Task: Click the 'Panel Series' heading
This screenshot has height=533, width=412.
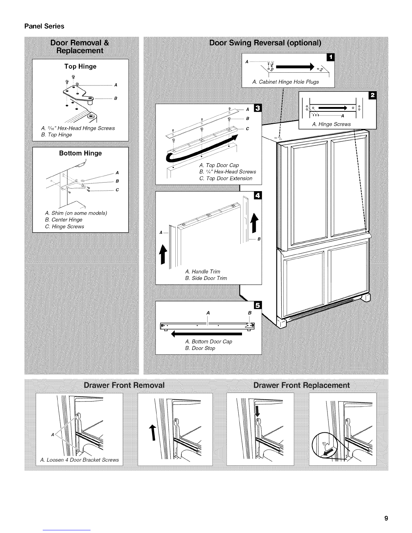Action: pos(44,26)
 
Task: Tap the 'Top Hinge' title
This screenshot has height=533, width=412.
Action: pos(80,66)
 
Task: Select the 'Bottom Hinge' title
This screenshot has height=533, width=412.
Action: pos(80,153)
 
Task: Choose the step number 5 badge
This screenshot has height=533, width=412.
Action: pos(258,305)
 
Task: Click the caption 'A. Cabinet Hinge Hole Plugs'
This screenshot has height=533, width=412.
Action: pos(285,82)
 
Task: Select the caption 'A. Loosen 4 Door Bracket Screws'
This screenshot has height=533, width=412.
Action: pos(79,460)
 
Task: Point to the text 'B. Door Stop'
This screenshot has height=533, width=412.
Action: pos(200,348)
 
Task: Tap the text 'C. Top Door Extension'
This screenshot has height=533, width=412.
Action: pos(226,178)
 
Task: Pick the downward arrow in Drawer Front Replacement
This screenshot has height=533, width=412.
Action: pos(258,412)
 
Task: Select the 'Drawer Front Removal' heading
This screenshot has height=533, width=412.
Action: pos(124,385)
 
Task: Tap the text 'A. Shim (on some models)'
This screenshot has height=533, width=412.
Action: pos(76,213)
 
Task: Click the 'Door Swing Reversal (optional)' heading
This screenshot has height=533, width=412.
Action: pos(265,43)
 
